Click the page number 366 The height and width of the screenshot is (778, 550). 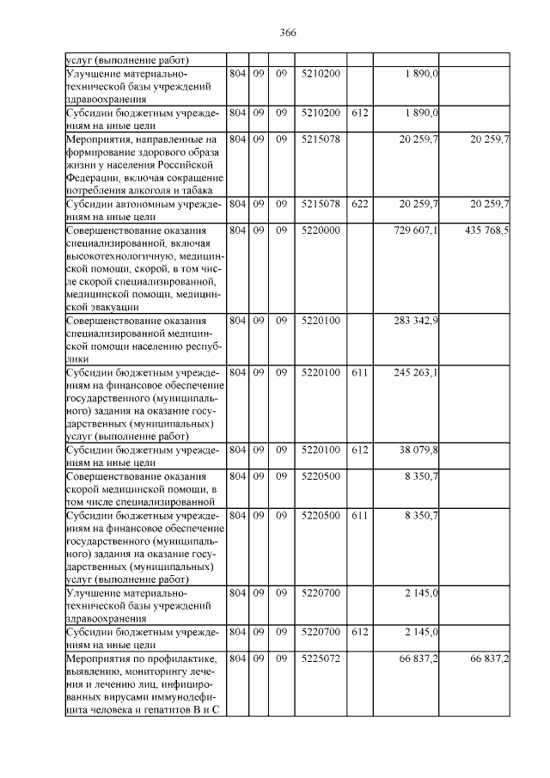(288, 33)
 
